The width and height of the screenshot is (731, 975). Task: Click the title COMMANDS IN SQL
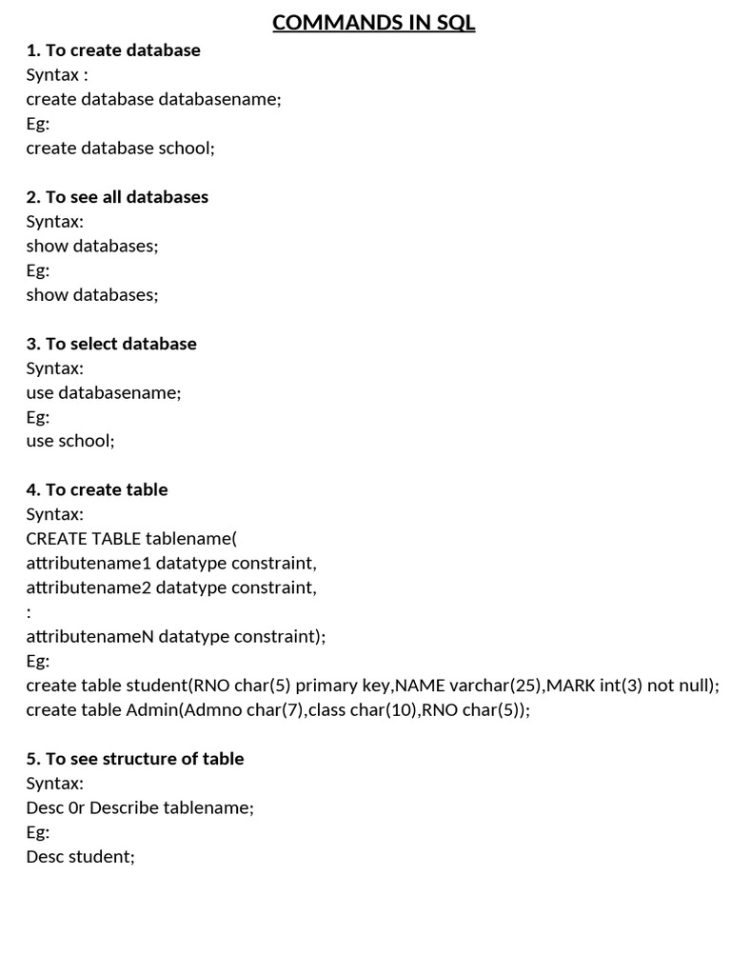[373, 22]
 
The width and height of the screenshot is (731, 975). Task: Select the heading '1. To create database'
[113, 50]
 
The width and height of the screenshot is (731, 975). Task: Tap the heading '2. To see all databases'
[117, 197]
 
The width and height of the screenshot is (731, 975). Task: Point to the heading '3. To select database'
[111, 344]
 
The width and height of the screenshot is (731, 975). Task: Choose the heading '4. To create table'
[97, 489]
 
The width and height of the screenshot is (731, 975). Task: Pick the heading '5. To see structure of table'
[135, 759]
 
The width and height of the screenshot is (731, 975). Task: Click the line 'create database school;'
[121, 149]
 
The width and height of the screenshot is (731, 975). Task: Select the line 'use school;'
[70, 441]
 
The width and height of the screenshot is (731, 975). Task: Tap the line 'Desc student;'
[81, 857]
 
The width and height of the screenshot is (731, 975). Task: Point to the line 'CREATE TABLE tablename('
[131, 539]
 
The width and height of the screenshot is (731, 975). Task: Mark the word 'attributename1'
[89, 564]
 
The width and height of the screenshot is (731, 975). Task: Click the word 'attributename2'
[89, 587]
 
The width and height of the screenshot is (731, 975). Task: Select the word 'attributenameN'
[89, 636]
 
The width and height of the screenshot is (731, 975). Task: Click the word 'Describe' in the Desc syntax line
[124, 808]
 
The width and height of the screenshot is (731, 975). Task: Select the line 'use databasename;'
[104, 392]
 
